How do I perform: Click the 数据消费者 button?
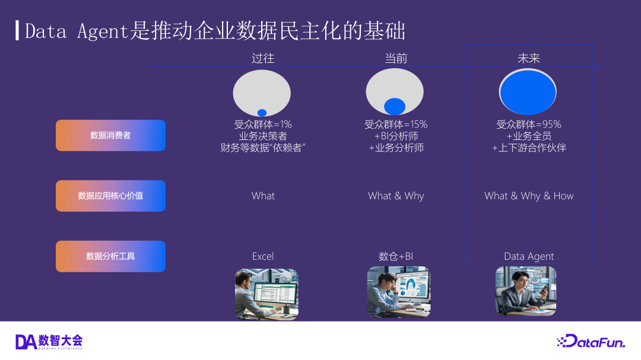click(110, 135)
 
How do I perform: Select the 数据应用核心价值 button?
click(110, 196)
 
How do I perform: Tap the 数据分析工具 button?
click(110, 256)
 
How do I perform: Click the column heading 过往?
click(263, 59)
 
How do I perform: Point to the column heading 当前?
click(396, 59)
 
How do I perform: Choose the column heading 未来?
click(529, 59)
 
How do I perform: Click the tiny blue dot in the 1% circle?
click(262, 113)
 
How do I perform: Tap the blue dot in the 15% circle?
click(395, 106)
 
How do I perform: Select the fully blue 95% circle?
click(528, 93)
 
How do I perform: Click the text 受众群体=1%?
click(263, 124)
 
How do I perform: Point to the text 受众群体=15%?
click(396, 124)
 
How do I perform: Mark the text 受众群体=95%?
click(529, 124)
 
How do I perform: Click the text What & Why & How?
click(529, 196)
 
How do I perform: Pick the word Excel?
click(263, 256)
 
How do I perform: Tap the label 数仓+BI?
click(396, 256)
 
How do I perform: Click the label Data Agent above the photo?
click(529, 257)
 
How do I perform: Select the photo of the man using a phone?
click(526, 291)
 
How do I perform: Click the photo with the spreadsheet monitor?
click(266, 294)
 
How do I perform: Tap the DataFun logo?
click(591, 341)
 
